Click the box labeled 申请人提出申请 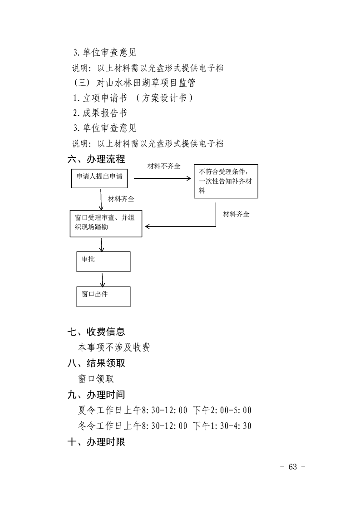coord(99,178)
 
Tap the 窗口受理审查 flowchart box coord(105,223)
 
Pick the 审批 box coord(103,261)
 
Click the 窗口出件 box coord(103,296)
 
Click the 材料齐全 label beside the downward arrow coord(121,199)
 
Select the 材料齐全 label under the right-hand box coord(236,214)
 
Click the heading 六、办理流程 coord(96,159)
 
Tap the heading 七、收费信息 coord(96,332)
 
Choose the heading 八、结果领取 coord(96,363)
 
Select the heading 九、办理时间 coord(96,395)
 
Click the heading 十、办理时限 coord(96,441)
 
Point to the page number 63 coord(292,467)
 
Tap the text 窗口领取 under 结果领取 coord(96,379)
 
